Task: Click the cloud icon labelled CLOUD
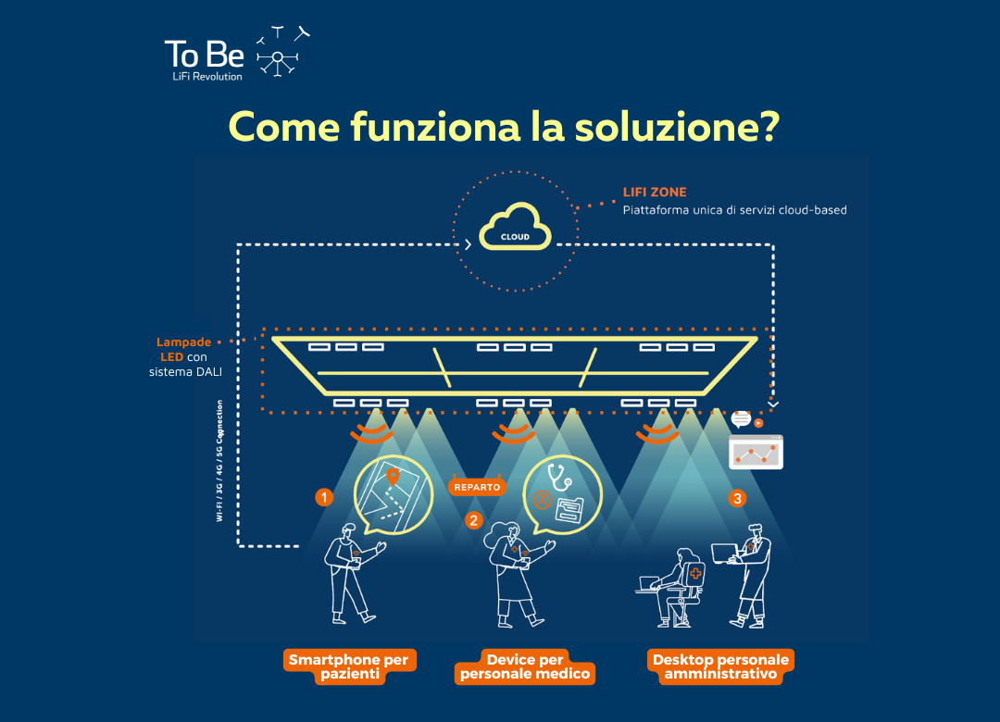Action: (516, 228)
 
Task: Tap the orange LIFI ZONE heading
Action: (655, 192)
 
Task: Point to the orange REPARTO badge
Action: (477, 487)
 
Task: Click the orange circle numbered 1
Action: (324, 497)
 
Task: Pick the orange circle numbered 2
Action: (473, 520)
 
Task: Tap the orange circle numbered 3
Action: (737, 498)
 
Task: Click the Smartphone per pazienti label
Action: (349, 666)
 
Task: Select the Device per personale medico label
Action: (525, 666)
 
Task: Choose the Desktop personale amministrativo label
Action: (720, 666)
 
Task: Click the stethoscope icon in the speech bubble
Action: (558, 477)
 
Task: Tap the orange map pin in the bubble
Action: (393, 476)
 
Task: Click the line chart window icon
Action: (756, 453)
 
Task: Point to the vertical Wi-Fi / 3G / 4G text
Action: (219, 461)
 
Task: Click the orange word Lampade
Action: (183, 342)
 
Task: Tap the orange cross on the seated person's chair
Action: (695, 573)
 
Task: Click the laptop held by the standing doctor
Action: (725, 553)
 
